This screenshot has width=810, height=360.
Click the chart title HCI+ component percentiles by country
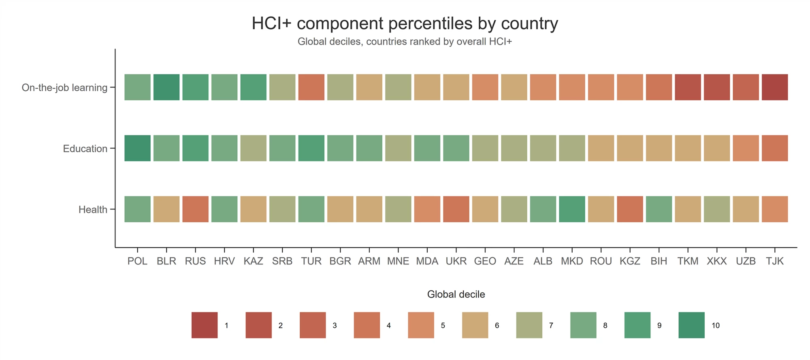click(405, 23)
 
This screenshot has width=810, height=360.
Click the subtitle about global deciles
click(405, 42)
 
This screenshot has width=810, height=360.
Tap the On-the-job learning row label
click(64, 87)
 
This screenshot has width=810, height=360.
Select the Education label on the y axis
click(85, 149)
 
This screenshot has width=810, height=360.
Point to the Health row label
click(93, 209)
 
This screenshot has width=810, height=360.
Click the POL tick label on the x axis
click(137, 261)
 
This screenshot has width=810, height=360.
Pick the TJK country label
click(775, 261)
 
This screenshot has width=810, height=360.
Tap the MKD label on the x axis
click(572, 261)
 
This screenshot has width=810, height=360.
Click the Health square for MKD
click(572, 209)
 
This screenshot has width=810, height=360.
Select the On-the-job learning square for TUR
click(311, 87)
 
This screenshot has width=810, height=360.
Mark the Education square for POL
click(137, 149)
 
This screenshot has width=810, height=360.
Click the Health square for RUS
click(195, 209)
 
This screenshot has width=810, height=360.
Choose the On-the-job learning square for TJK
click(775, 87)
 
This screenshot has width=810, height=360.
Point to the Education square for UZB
click(746, 149)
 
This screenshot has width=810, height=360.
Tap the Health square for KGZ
click(630, 209)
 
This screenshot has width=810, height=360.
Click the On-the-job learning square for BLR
click(166, 87)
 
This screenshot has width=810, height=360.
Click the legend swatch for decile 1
click(205, 325)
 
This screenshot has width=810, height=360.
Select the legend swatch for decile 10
click(691, 325)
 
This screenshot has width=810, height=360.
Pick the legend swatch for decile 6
click(475, 325)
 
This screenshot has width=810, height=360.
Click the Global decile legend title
click(456, 294)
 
